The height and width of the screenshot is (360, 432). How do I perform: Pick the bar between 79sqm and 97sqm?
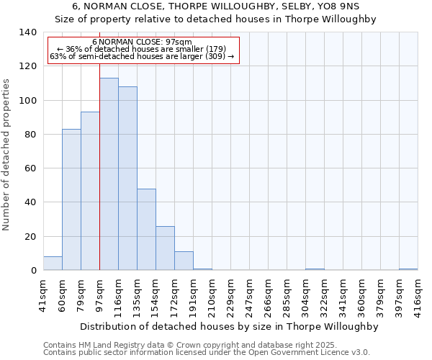coord(90,192)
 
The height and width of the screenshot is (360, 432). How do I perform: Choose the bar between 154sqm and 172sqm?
coord(165,248)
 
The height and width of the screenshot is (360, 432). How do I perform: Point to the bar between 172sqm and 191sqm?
coord(184,261)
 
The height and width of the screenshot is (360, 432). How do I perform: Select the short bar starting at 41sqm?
coord(53,264)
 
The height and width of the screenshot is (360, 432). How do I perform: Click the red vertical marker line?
coord(99,180)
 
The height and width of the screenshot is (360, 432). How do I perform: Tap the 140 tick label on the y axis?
coord(27,32)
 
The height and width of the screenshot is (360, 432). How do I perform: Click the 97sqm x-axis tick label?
coord(100,294)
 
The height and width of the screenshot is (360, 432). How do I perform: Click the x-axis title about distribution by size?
coord(229,326)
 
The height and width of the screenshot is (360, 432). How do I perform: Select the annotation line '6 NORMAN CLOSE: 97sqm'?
coord(142,42)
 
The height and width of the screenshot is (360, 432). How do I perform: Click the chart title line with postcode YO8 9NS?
coord(215,6)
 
